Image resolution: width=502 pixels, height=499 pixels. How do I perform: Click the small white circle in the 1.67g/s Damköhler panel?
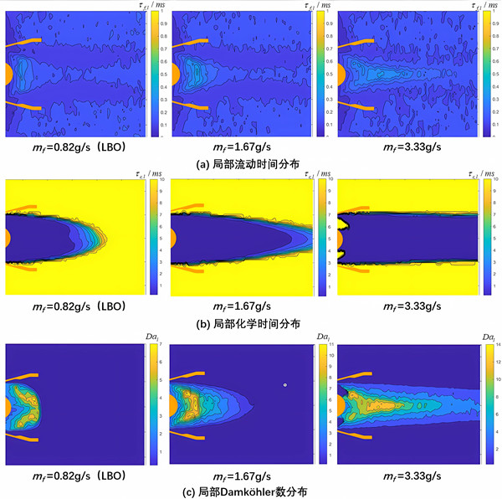tap(285, 384)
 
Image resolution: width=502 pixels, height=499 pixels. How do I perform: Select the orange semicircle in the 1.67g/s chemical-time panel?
tap(173, 238)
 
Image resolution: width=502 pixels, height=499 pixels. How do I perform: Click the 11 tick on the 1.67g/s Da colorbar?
tap(325, 344)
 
